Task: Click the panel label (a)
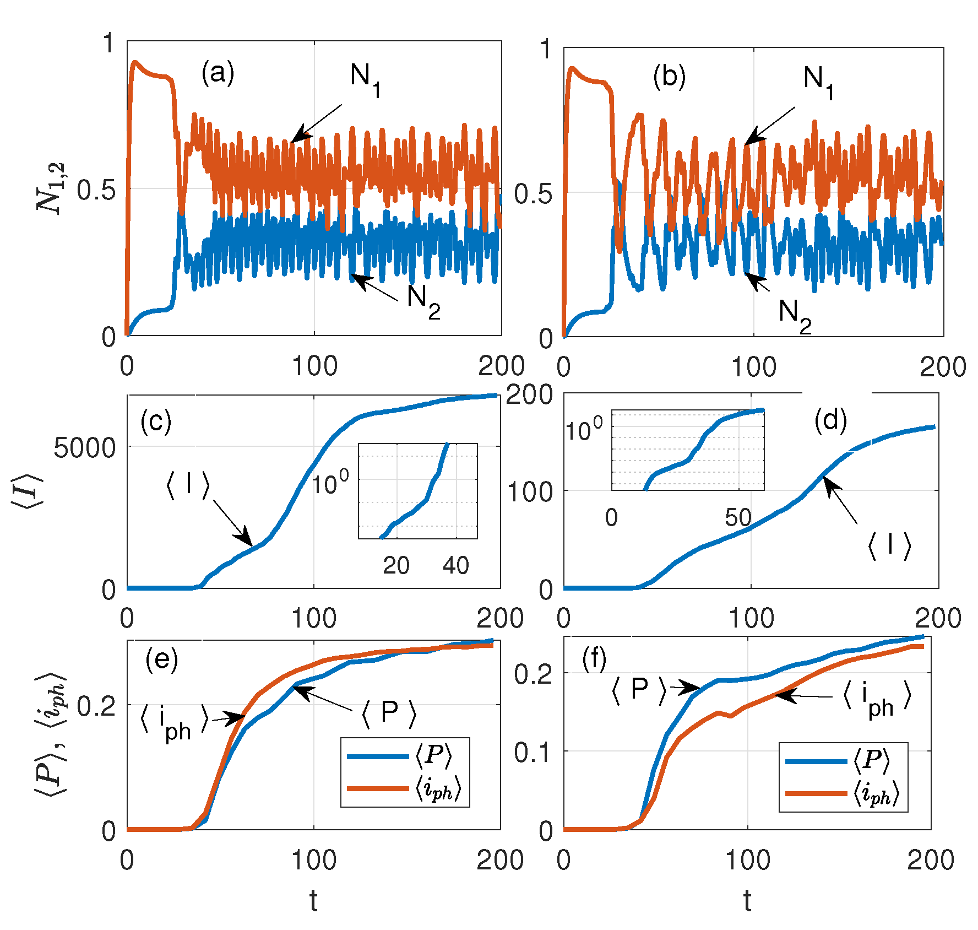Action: pyautogui.click(x=218, y=73)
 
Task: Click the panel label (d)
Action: pyautogui.click(x=830, y=421)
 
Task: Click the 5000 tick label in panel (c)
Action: pyautogui.click(x=85, y=448)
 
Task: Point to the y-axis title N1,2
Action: pyautogui.click(x=51, y=188)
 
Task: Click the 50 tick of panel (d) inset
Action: pyautogui.click(x=738, y=517)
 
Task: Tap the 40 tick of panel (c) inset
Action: pyautogui.click(x=455, y=565)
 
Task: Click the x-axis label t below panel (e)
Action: pyautogui.click(x=313, y=900)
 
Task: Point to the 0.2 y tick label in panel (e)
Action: pyautogui.click(x=96, y=706)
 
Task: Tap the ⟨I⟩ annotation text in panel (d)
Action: pyautogui.click(x=889, y=546)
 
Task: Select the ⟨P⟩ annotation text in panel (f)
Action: pyautogui.click(x=639, y=689)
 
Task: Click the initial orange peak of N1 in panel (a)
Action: pyautogui.click(x=134, y=63)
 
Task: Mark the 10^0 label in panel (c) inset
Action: pyautogui.click(x=330, y=483)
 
